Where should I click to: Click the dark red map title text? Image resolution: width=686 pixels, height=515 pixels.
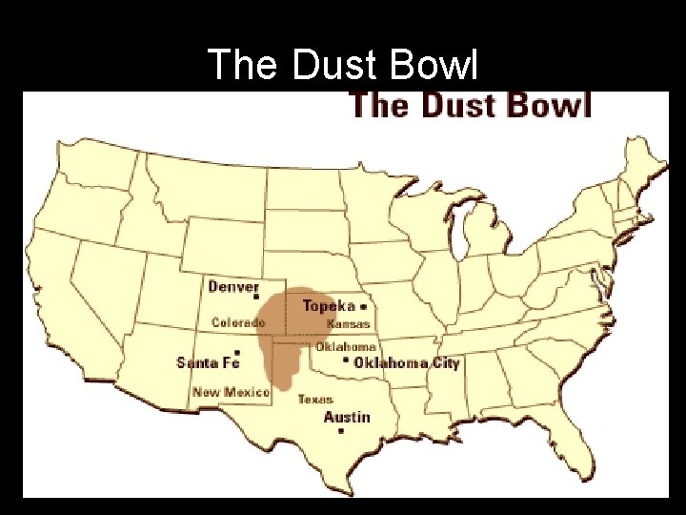point(471,104)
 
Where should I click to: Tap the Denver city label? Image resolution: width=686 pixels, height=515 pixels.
point(233,286)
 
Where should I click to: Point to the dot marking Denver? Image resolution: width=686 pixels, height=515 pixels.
point(255,299)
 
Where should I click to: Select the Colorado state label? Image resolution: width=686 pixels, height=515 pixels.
point(238,322)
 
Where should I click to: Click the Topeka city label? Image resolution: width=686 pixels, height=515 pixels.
point(329,306)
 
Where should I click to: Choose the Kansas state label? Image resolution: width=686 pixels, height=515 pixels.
point(348,324)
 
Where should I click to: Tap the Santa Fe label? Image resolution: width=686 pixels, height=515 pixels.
point(207,362)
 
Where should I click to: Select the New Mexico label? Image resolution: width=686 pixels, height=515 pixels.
point(231,392)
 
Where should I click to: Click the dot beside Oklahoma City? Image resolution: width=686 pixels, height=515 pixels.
point(346,361)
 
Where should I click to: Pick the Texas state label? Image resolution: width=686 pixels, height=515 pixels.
point(315,399)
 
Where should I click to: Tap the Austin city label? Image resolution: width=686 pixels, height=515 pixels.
point(347,417)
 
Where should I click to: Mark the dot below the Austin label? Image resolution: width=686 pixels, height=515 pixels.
point(341,432)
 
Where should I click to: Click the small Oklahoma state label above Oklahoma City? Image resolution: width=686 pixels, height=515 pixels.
point(346,347)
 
